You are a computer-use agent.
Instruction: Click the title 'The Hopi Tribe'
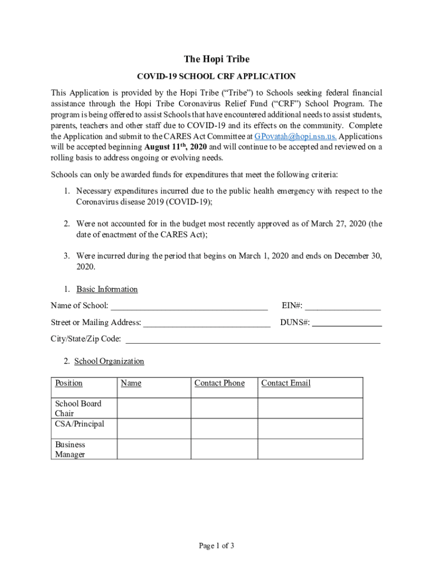point(216,60)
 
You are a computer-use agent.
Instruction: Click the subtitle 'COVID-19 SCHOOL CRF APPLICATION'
point(216,76)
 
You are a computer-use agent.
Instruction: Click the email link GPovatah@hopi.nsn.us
point(295,137)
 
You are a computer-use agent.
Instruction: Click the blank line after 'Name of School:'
point(189,307)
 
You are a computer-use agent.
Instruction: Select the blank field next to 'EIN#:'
point(343,307)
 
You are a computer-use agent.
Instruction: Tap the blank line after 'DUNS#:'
point(347,323)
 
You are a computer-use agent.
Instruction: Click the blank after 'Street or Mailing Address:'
point(207,323)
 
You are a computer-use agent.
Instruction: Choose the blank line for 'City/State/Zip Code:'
point(252,340)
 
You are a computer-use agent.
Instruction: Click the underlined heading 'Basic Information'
point(107,289)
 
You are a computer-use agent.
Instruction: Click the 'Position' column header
point(69,383)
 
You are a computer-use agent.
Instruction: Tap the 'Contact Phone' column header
point(219,383)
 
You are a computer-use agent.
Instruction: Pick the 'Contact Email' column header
point(286,383)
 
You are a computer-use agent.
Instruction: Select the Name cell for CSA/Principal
point(154,429)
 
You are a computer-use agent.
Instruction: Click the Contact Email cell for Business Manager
point(310,449)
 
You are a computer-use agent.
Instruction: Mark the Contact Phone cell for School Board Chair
point(224,408)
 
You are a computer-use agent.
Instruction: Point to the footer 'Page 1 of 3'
point(216,546)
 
